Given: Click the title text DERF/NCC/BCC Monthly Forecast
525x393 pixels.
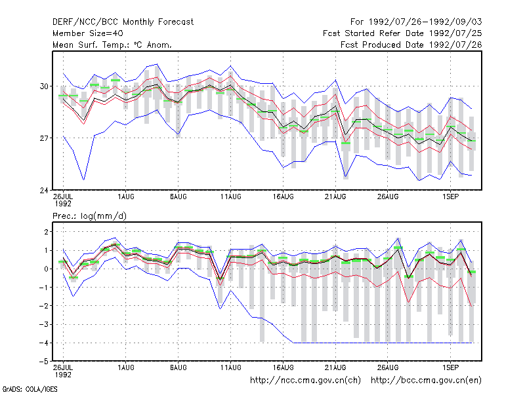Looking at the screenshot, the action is pyautogui.click(x=123, y=22).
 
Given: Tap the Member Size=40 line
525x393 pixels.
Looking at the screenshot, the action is pyautogui.click(x=88, y=33).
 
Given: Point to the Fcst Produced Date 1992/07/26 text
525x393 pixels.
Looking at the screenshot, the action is pyautogui.click(x=411, y=45).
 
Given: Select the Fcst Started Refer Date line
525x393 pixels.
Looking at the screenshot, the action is pyautogui.click(x=402, y=33).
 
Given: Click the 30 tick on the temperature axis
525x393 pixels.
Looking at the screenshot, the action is pyautogui.click(x=44, y=86).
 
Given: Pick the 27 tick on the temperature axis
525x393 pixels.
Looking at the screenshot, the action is pyautogui.click(x=44, y=138).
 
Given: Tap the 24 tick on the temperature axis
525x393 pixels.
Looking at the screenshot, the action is pyautogui.click(x=44, y=190).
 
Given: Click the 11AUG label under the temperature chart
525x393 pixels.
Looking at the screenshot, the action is pyautogui.click(x=231, y=196).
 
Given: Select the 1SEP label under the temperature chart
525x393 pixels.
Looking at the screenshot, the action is pyautogui.click(x=450, y=196).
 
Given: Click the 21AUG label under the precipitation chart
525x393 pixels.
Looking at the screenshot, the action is pyautogui.click(x=335, y=367).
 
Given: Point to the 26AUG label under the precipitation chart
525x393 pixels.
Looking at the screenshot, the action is pyautogui.click(x=388, y=367).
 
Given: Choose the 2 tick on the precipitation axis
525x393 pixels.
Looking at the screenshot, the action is pyautogui.click(x=46, y=232).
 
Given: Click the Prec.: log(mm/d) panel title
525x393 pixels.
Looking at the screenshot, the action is pyautogui.click(x=89, y=216).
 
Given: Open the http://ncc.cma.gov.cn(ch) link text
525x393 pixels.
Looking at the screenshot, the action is pyautogui.click(x=305, y=381).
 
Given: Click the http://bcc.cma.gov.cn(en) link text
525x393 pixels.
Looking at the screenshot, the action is pyautogui.click(x=426, y=381).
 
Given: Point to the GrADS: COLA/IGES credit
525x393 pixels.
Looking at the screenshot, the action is pyautogui.click(x=30, y=389).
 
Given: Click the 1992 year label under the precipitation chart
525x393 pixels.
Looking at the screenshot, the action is pyautogui.click(x=63, y=375).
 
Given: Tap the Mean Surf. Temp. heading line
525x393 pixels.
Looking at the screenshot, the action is pyautogui.click(x=112, y=45).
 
